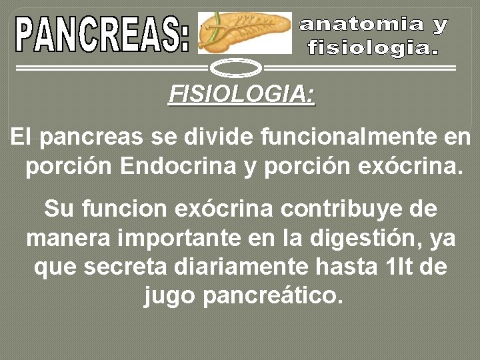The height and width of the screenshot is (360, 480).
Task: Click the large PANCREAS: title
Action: click(103, 34)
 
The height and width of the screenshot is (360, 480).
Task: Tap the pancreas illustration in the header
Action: click(245, 32)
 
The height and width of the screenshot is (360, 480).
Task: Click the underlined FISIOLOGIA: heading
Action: click(241, 94)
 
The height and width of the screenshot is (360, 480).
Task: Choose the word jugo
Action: click(169, 295)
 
